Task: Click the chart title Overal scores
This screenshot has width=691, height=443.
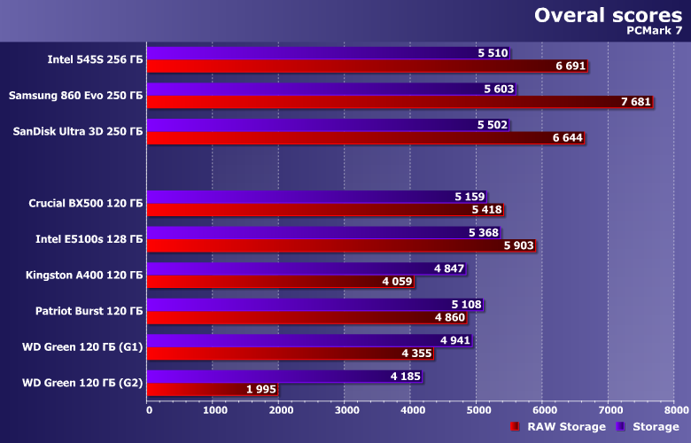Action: click(608, 15)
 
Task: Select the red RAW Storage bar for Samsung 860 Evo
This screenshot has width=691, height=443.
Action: click(381, 102)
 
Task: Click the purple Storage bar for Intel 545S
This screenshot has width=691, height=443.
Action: click(310, 53)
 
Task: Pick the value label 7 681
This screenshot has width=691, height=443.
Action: click(636, 102)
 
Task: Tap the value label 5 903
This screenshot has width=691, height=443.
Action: click(518, 245)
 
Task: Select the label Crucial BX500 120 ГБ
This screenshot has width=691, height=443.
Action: click(85, 203)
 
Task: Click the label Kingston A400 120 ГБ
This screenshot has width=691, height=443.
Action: click(84, 275)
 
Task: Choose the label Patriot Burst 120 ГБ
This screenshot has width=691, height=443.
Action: click(89, 310)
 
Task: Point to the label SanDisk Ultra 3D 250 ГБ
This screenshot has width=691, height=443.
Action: click(78, 131)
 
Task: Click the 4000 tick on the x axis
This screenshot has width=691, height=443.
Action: click(411, 410)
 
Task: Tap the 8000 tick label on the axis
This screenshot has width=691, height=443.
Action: click(674, 410)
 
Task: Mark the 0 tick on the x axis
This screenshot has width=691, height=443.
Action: click(149, 410)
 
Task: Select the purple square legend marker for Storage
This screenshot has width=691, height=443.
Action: click(621, 427)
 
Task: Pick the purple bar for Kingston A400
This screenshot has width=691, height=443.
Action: click(292, 268)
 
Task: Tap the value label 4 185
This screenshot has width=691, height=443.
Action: click(406, 377)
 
